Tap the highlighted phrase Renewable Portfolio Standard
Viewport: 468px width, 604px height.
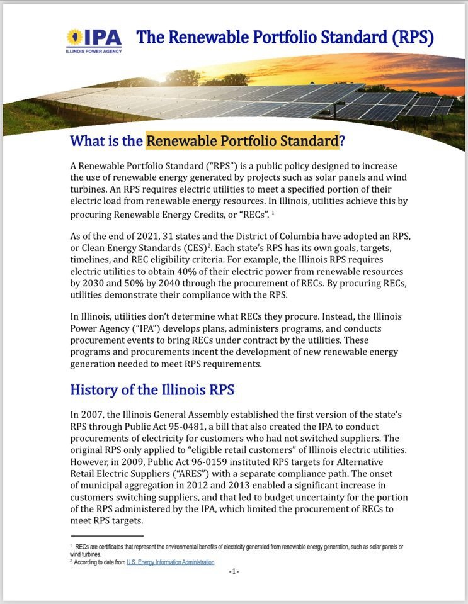(243, 140)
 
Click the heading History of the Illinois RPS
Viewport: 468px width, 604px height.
(152, 389)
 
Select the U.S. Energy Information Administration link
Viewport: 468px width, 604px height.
(171, 562)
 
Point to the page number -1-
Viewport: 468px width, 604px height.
(234, 571)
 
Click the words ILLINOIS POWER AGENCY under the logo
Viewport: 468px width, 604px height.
(93, 52)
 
